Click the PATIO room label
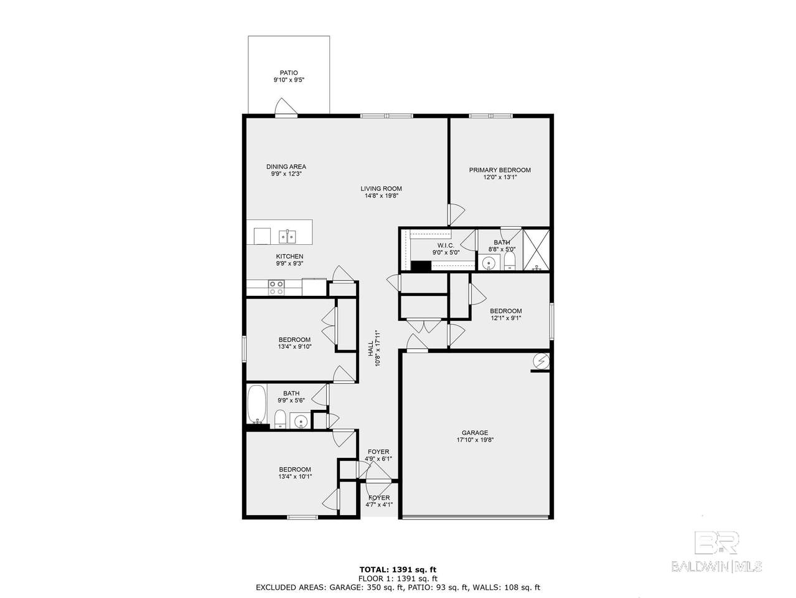point(289,73)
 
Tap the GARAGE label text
point(475,432)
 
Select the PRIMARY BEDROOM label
point(500,170)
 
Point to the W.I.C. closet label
point(446,245)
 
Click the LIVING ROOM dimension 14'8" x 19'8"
point(381,196)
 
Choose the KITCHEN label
point(289,257)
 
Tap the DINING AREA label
point(286,166)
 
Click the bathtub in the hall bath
point(257,404)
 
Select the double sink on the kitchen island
point(287,237)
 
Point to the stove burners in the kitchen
point(276,288)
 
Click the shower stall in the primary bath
point(536,250)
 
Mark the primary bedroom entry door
point(456,214)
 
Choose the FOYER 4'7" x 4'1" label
point(379,501)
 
